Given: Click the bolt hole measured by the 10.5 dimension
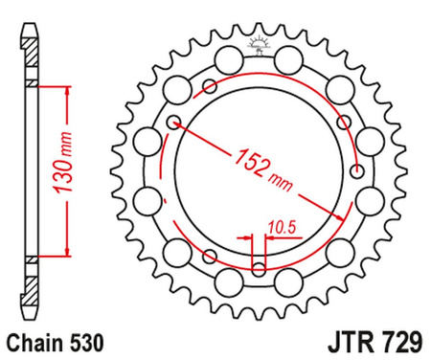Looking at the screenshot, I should point(257,259).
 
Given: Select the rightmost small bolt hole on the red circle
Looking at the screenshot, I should point(357,171).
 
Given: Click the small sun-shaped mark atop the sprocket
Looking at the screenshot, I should point(256,41).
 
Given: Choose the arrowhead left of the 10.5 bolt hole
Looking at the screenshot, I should point(246,240).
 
